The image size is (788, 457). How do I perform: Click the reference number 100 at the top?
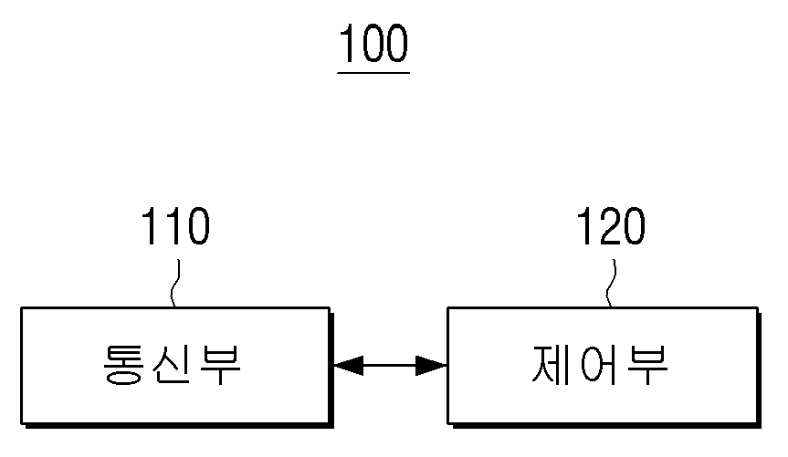pyautogui.click(x=373, y=44)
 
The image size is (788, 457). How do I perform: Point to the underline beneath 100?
pyautogui.click(x=373, y=73)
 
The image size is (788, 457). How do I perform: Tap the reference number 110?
pyautogui.click(x=175, y=226)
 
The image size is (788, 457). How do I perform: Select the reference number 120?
pyautogui.click(x=611, y=226)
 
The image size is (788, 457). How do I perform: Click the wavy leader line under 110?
pyautogui.click(x=175, y=283)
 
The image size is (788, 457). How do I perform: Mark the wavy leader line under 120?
pyautogui.click(x=611, y=283)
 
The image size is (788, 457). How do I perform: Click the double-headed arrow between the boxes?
pyautogui.click(x=390, y=366)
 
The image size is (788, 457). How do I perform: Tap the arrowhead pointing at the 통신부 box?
pyautogui.click(x=348, y=366)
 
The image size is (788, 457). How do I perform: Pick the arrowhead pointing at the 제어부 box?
pyautogui.click(x=432, y=366)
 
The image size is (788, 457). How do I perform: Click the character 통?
pyautogui.click(x=123, y=365)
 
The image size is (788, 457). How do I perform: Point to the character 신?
pyautogui.click(x=172, y=365)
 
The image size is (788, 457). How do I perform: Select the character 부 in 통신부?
pyautogui.click(x=221, y=365)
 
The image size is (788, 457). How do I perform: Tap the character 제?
pyautogui.click(x=550, y=365)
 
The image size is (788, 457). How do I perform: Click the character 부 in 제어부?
pyautogui.click(x=647, y=365)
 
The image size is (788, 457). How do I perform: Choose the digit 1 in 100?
pyautogui.click(x=347, y=44)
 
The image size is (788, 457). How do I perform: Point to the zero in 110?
pyautogui.click(x=197, y=226)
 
